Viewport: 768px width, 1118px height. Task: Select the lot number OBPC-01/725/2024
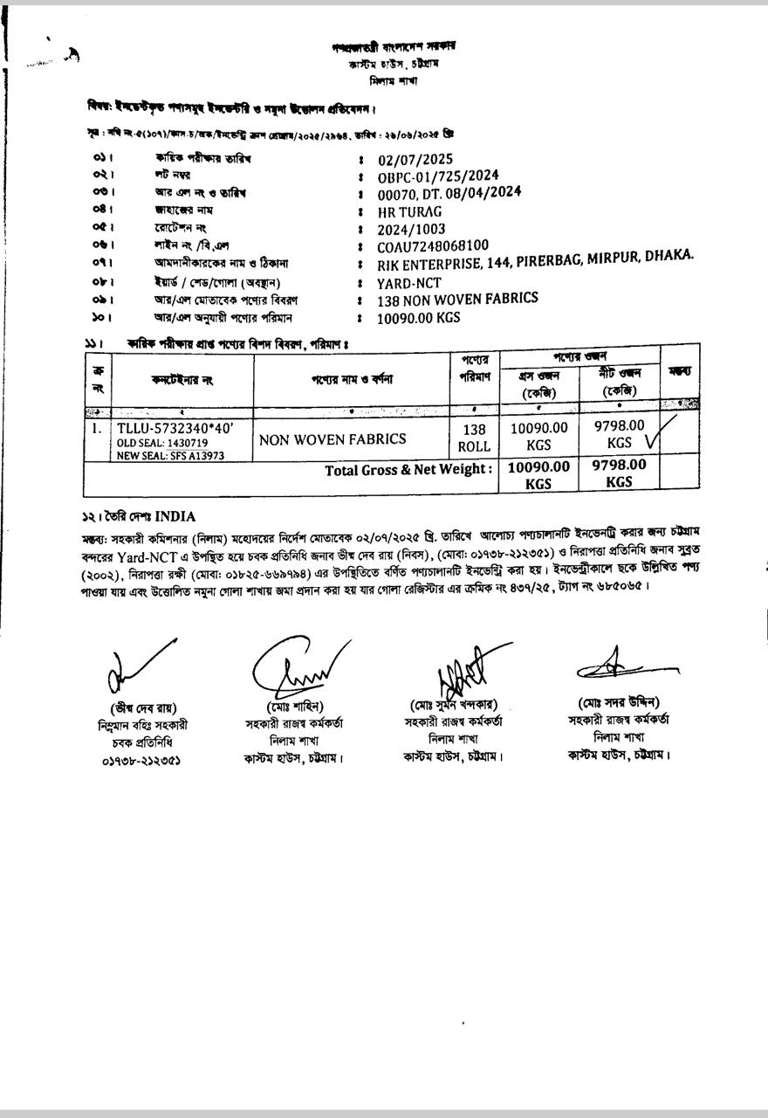point(438,176)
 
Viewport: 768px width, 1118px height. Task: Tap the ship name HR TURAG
point(409,211)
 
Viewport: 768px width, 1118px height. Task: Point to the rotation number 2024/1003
point(411,229)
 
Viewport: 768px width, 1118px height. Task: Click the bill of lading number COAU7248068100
point(433,245)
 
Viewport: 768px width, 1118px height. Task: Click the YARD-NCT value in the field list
point(408,282)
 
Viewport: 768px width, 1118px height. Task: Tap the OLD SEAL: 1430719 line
point(162,443)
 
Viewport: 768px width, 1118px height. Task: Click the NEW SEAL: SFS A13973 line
point(170,455)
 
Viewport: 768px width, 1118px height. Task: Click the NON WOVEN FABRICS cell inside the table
point(333,438)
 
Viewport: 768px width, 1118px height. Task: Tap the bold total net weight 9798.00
point(619,465)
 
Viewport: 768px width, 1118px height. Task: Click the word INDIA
point(175,516)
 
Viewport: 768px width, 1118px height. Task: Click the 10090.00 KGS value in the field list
point(418,318)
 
